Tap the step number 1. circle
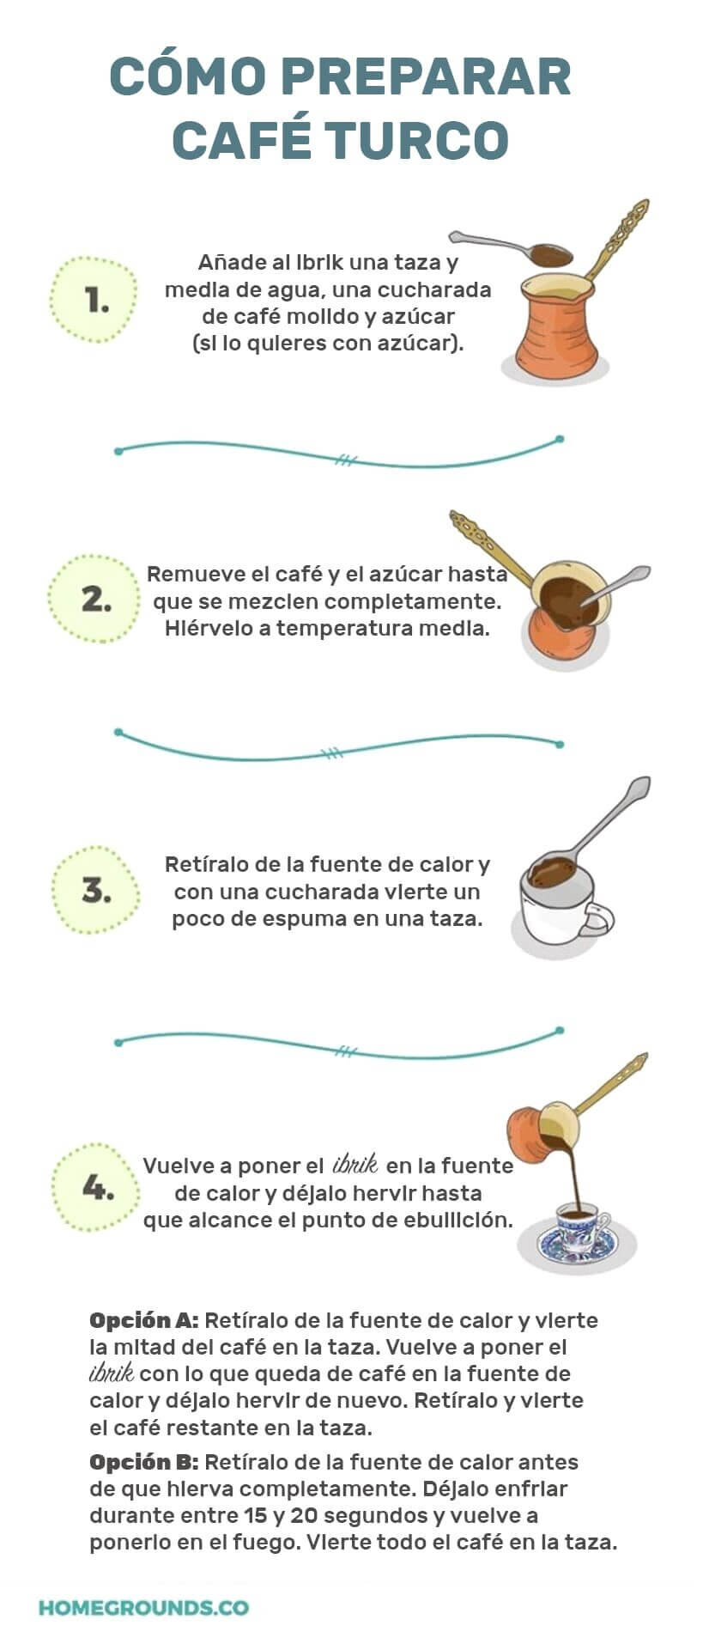click(x=94, y=301)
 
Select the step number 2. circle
click(x=94, y=599)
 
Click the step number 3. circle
click(x=94, y=890)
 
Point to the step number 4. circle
click(x=94, y=1189)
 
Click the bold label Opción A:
click(x=143, y=1320)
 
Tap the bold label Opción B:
click(x=143, y=1461)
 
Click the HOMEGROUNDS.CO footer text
click(x=143, y=1607)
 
